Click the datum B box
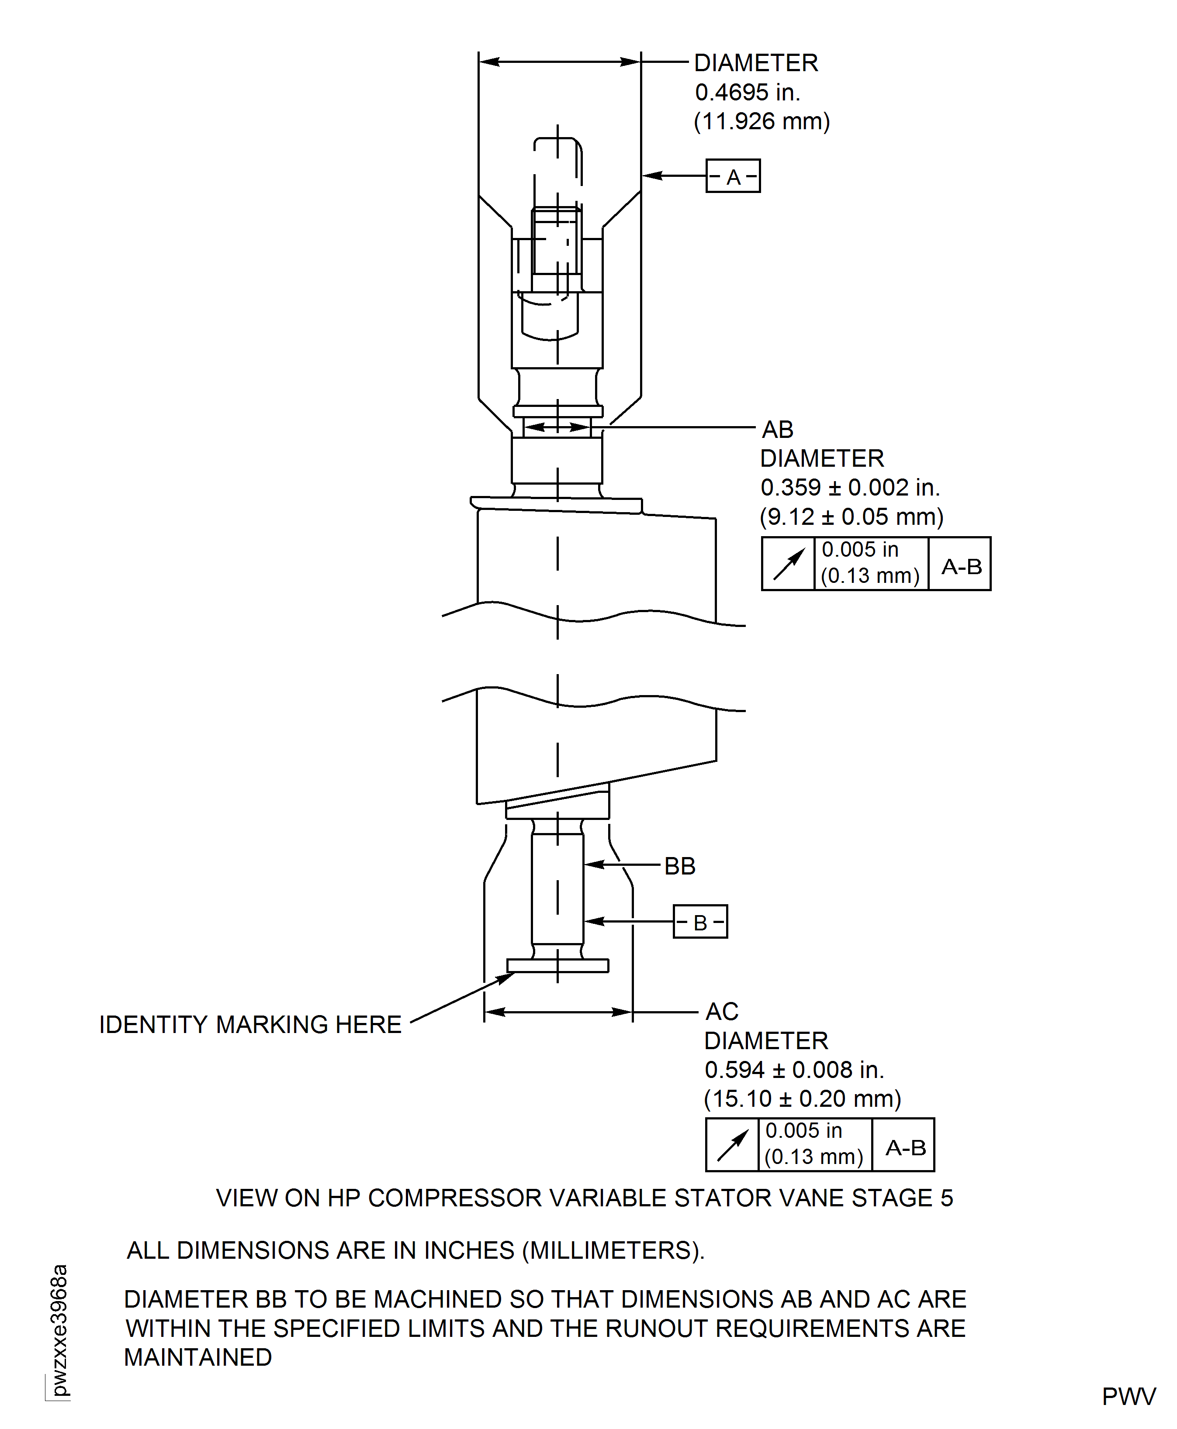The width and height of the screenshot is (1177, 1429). pos(700,922)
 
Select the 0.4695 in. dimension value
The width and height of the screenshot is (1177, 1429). pos(747,92)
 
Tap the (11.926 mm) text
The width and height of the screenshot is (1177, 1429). pos(762,121)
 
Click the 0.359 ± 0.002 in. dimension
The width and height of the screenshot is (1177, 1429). pos(849,487)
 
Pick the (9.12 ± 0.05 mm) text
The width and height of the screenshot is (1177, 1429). pos(851,517)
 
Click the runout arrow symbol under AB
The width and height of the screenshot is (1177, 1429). pos(788,564)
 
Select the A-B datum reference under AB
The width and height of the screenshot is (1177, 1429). pos(961,566)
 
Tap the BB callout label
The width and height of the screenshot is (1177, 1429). pos(679,866)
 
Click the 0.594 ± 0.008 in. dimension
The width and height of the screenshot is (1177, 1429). pos(794,1070)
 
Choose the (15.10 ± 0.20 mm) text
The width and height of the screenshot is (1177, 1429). pos(802,1098)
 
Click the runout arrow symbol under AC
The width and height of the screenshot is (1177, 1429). pos(731,1145)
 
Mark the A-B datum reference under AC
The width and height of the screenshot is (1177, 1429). pos(905,1147)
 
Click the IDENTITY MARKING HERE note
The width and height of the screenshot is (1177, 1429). pos(250,1025)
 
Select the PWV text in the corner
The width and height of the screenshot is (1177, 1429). pos(1128,1397)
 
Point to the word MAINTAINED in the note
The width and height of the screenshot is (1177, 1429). pos(198,1357)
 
